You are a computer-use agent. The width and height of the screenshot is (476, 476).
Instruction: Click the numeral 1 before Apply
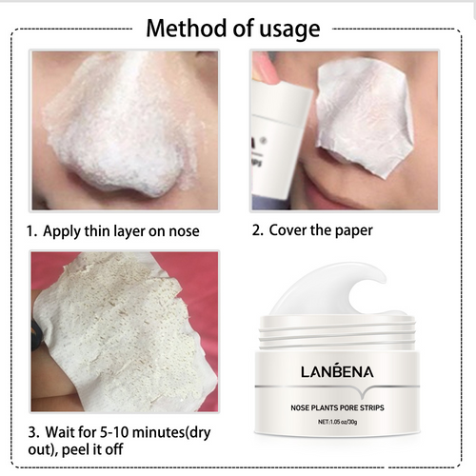31,230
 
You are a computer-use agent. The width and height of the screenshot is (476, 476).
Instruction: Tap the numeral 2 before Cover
256,230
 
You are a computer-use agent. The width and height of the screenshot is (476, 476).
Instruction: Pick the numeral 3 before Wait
31,431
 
